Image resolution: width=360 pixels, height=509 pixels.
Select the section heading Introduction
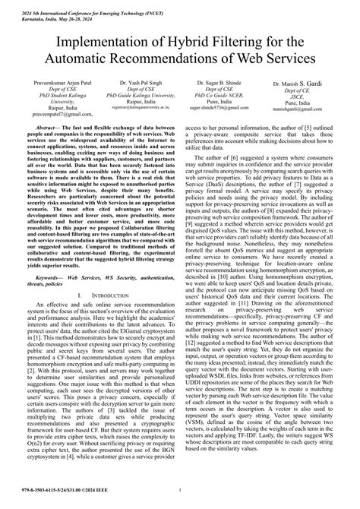point(107,273)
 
